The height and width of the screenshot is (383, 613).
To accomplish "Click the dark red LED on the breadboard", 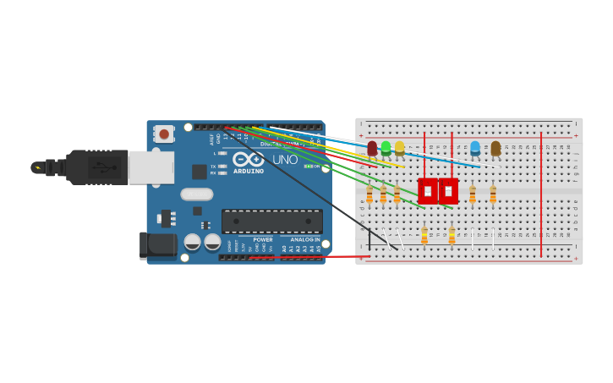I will point(372,149).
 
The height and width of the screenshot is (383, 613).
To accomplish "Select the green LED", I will point(386,149).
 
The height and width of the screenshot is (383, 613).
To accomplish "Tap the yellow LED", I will point(399,149).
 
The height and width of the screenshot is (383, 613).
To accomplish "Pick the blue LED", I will point(475,149).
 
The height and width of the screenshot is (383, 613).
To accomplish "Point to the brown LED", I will point(495,149).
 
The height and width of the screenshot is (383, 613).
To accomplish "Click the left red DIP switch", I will point(428,191).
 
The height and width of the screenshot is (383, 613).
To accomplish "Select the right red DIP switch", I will point(448,191).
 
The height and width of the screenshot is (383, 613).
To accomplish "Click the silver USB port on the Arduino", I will point(151,167).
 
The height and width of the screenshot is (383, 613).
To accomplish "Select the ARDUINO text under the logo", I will point(249,172).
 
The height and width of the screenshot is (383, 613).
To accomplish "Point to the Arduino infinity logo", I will point(248,159).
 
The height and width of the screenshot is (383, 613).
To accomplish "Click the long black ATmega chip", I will point(271,222).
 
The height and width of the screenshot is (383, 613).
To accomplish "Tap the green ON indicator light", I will point(309,167).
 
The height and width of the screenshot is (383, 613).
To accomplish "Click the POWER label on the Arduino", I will point(263,239).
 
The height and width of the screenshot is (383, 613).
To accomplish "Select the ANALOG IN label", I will point(305,239).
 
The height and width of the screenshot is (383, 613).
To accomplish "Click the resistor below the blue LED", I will point(473,194).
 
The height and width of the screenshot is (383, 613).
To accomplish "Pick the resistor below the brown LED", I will point(493,194).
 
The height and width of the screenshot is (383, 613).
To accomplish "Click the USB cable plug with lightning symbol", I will point(38,167).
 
